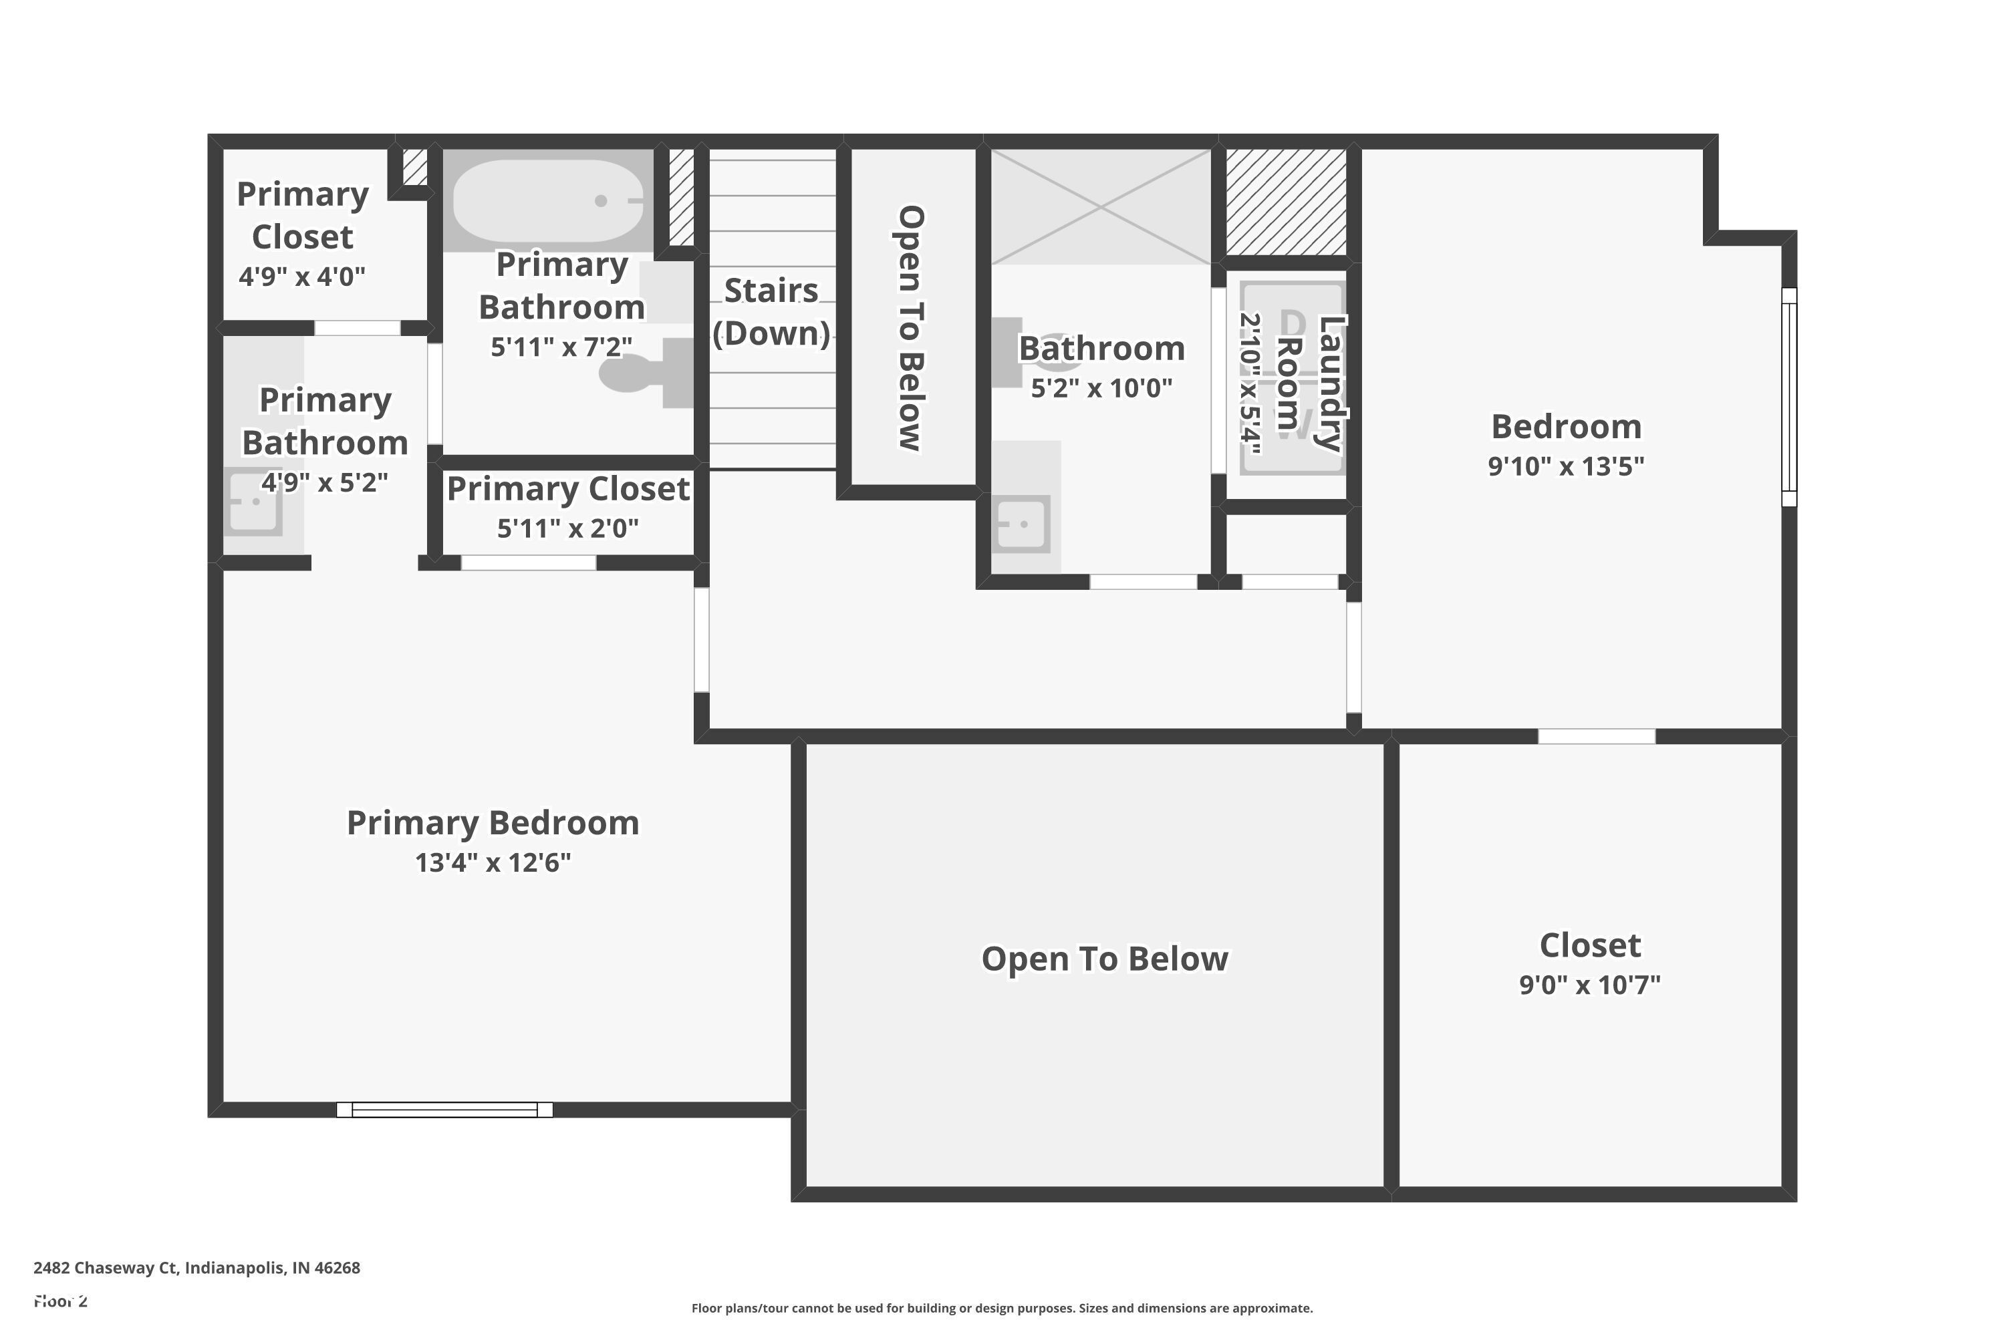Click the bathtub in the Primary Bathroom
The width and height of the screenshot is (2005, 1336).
[x=548, y=201]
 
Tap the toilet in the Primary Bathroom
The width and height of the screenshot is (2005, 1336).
[x=635, y=374]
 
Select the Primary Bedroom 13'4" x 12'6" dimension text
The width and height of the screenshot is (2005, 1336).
[x=493, y=862]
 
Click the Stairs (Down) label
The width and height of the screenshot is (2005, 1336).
[x=771, y=312]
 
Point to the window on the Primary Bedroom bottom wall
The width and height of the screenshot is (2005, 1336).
[x=444, y=1110]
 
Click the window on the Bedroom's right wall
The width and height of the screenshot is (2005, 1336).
[x=1789, y=397]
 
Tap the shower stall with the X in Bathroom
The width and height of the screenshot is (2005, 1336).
[x=1101, y=207]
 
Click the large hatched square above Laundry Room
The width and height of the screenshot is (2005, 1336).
[x=1285, y=202]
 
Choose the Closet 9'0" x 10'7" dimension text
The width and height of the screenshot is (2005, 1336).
[x=1590, y=985]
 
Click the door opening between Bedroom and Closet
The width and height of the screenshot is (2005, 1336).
[x=1597, y=736]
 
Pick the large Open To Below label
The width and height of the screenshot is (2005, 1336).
[x=1105, y=959]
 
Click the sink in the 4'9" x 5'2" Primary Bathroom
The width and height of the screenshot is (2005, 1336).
[x=254, y=502]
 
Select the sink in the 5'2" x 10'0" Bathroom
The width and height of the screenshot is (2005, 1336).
[x=1021, y=523]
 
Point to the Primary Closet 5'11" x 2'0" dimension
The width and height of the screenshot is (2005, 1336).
[x=567, y=528]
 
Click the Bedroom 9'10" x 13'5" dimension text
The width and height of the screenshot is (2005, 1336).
[x=1566, y=466]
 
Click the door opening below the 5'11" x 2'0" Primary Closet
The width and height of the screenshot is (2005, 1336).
[x=529, y=562]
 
